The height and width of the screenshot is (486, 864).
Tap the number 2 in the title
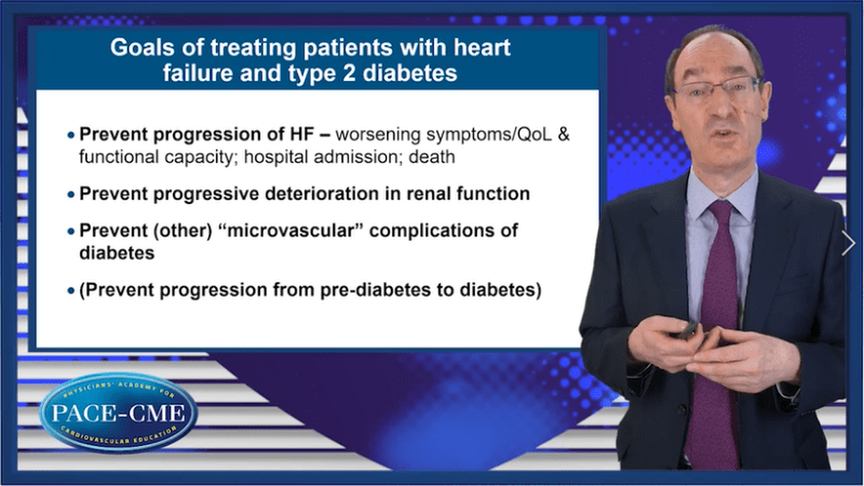pyautogui.click(x=348, y=73)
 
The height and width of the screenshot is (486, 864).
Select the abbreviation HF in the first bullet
pyautogui.click(x=302, y=134)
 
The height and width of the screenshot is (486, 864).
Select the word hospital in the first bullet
pyautogui.click(x=276, y=158)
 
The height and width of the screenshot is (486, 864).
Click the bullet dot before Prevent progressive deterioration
pyautogui.click(x=71, y=194)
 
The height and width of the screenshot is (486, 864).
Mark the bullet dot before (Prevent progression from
pyautogui.click(x=71, y=290)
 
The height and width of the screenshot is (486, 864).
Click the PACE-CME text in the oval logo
pyautogui.click(x=118, y=413)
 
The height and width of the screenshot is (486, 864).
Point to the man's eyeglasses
pyautogui.click(x=716, y=88)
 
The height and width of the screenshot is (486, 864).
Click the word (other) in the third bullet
pyautogui.click(x=183, y=230)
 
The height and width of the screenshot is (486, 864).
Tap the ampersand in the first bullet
pyautogui.click(x=563, y=134)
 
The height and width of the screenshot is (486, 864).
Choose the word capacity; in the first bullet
pyautogui.click(x=200, y=158)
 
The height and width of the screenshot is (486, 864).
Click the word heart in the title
pyautogui.click(x=482, y=48)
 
